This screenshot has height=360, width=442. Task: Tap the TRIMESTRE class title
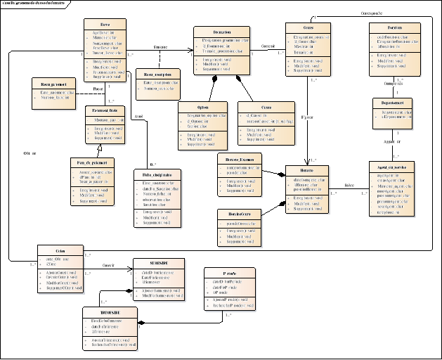[105, 311]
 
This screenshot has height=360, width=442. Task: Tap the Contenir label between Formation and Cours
[268, 46]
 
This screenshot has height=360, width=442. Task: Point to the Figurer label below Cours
[307, 116]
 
